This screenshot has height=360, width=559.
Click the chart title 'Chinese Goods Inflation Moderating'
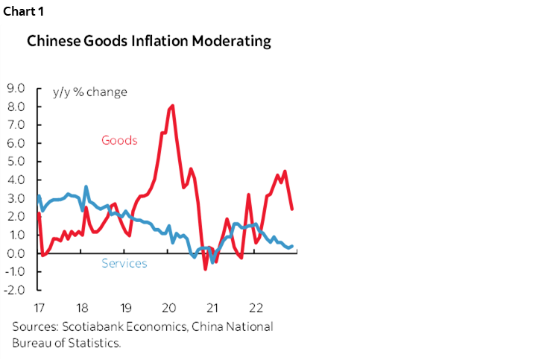pos(149,42)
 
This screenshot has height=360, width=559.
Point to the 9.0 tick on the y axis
pos(16,88)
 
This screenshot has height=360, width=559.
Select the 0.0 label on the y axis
pos(16,253)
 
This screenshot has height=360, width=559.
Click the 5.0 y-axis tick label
pos(16,161)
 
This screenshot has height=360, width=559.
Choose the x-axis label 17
pos(40,307)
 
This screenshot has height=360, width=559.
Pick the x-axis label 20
pos(168,307)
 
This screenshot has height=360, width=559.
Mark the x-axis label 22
pos(255,307)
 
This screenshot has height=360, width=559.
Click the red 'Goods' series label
pos(119,140)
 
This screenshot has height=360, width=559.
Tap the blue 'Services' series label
pos(124,263)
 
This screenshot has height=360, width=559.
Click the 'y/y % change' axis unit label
pos(89,92)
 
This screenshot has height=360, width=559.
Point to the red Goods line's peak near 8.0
pos(173,106)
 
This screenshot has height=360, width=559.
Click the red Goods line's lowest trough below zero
pos(206,268)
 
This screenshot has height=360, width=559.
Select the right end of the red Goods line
pos(291,209)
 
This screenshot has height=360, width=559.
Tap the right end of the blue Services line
pos(291,246)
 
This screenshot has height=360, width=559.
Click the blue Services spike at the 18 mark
pos(86,186)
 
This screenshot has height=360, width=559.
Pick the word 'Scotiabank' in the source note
pos(90,326)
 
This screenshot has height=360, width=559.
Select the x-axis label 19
pos(125,307)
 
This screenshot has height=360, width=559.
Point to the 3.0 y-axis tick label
pos(16,198)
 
